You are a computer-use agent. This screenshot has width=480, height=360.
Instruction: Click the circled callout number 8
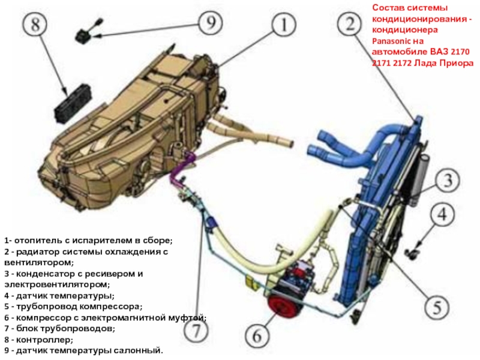[x=35, y=24]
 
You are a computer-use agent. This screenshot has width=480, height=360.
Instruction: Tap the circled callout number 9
[x=211, y=23]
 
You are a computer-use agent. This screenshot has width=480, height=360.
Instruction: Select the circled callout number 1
[x=284, y=25]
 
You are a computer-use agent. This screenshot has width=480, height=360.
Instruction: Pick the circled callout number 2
[x=350, y=24]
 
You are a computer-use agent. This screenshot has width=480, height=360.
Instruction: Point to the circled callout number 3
[x=448, y=180]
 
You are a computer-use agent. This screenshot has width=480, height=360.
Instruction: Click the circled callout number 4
[x=442, y=215]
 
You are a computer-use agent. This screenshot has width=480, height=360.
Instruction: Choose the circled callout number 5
[x=437, y=306]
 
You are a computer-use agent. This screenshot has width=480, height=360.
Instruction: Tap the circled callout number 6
[x=257, y=336]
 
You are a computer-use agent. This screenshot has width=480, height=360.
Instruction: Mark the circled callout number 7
[x=196, y=331]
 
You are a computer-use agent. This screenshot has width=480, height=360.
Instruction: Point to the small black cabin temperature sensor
[x=86, y=32]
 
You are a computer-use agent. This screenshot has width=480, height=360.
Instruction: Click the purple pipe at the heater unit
[x=184, y=167]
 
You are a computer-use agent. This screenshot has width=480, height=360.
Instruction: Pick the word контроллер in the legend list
[x=44, y=340]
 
